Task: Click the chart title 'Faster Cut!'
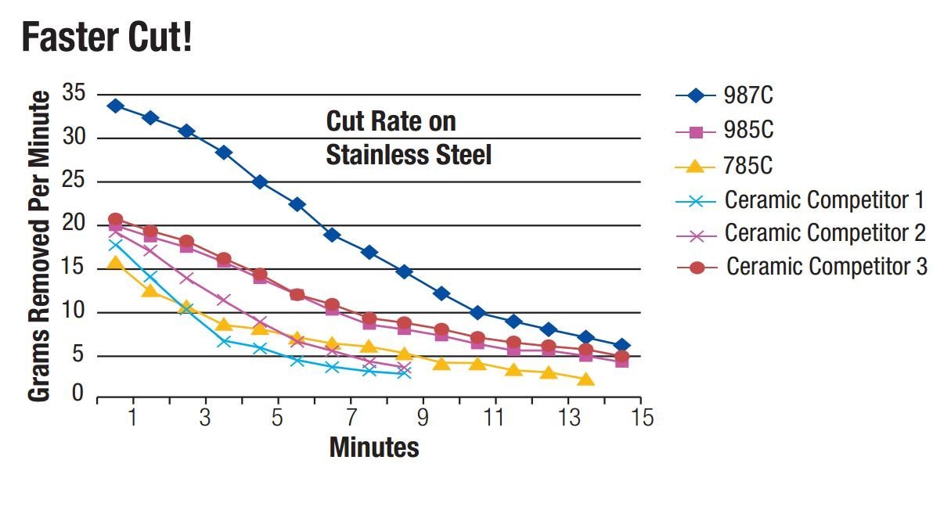coord(106,37)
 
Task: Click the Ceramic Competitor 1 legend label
coord(824,200)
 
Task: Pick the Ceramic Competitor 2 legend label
coord(825,233)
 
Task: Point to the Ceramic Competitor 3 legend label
coord(827,267)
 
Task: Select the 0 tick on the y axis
coord(77,394)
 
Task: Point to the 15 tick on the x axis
coord(642,418)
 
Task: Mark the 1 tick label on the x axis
coord(133,418)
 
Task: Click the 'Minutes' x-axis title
coord(374,448)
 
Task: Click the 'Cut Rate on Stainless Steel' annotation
coord(408,138)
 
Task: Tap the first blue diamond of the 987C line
coord(115,106)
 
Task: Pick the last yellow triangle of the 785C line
coord(586,379)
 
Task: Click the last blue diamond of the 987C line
coord(622,346)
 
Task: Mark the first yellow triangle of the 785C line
coord(115,264)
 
